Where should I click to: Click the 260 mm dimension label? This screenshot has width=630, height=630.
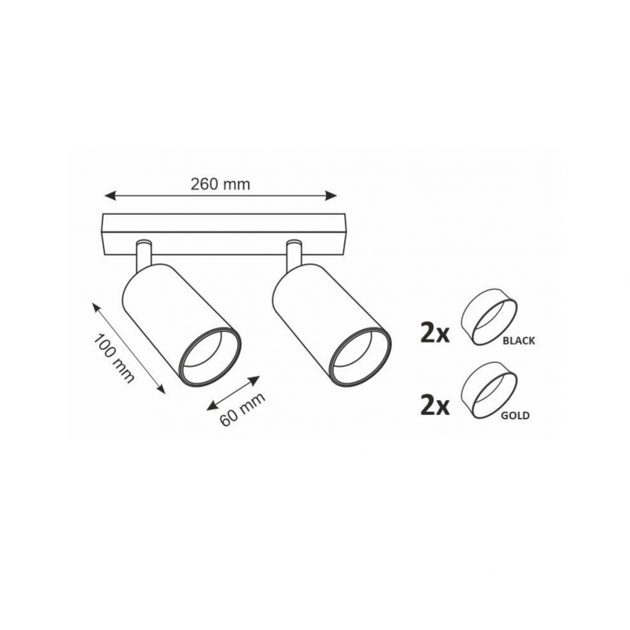220,184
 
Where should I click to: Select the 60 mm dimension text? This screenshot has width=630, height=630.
243,409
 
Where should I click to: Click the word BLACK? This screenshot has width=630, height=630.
519,341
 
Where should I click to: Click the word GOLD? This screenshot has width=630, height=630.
515,415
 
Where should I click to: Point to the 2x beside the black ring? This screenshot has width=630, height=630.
435,334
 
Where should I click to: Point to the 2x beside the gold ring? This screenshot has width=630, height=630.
435,406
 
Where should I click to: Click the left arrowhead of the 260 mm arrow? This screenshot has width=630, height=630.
109,195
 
